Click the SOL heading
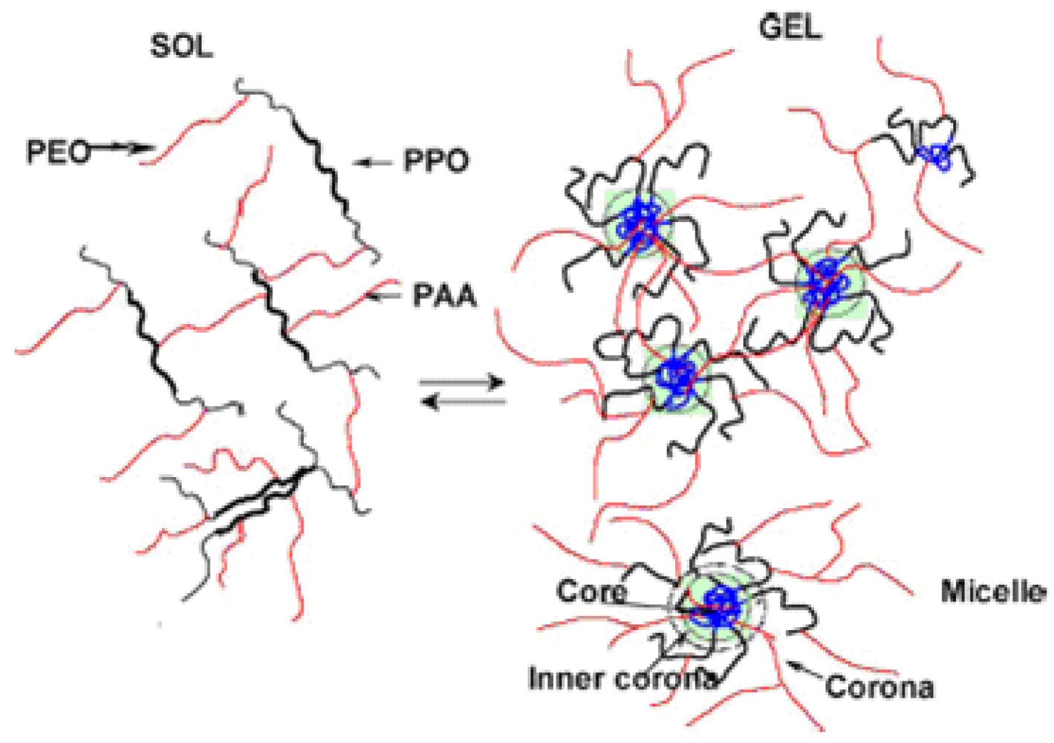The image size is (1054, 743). point(181,46)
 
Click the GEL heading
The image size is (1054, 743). point(790,28)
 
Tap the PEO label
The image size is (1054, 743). point(58,152)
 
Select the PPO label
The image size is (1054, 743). point(436,161)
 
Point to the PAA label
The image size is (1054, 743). point(443,296)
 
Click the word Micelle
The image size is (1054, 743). point(994,591)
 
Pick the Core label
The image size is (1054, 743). point(591,591)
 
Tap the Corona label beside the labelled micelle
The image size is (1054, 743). point(879,687)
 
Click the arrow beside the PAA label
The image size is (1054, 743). point(386,296)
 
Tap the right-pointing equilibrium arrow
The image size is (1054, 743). point(462,383)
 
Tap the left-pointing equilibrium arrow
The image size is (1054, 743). point(462,403)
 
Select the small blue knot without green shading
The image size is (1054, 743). point(936,155)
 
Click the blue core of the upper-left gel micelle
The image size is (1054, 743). point(639,220)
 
